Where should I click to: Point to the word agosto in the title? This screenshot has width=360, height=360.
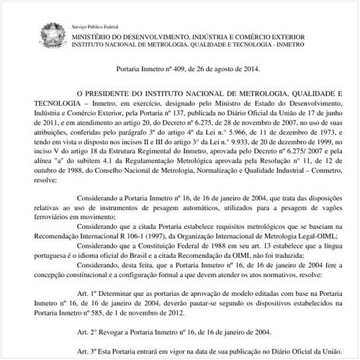tap(222, 69)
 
